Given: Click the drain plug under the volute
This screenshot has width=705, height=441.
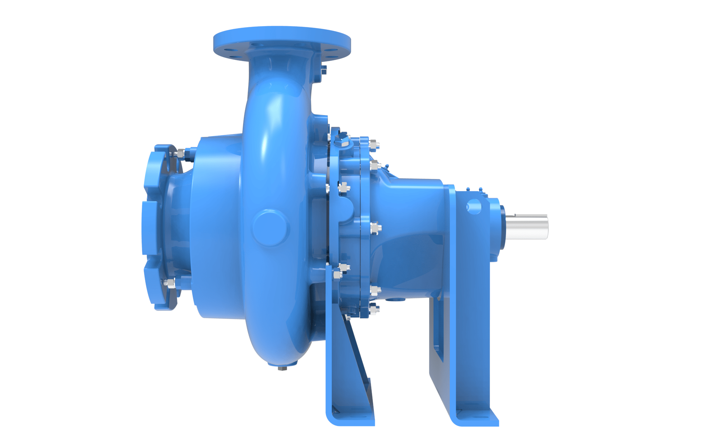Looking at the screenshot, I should pos(282,367).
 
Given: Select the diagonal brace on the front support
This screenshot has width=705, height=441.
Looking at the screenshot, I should pos(358,353).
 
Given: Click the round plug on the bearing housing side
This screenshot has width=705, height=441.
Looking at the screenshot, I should pos(474,207).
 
